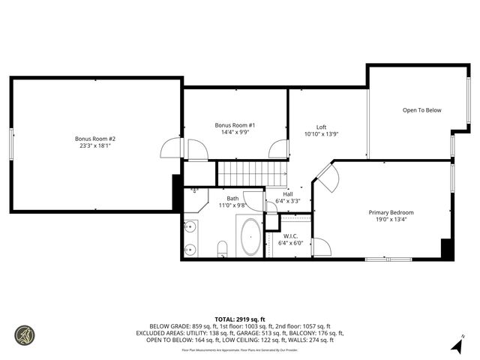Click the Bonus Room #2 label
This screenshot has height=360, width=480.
click(94, 138)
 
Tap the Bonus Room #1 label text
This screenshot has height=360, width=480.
click(235, 124)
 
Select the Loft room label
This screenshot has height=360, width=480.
click(321, 127)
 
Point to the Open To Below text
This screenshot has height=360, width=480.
click(421, 110)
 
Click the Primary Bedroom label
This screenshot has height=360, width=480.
click(391, 212)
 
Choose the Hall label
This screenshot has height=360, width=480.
click(287, 193)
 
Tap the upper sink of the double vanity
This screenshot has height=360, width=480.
click(191, 226)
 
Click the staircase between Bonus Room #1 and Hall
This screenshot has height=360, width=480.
click(253, 174)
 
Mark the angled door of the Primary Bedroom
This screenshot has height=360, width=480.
click(327, 178)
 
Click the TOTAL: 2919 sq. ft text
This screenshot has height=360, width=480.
click(239, 319)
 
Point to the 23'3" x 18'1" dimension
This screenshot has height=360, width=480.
click(94, 146)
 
